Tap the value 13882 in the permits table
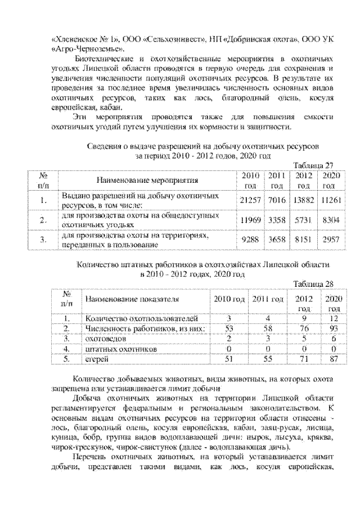point(303,200)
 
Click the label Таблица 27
point(314,165)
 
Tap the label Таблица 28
point(314,284)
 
